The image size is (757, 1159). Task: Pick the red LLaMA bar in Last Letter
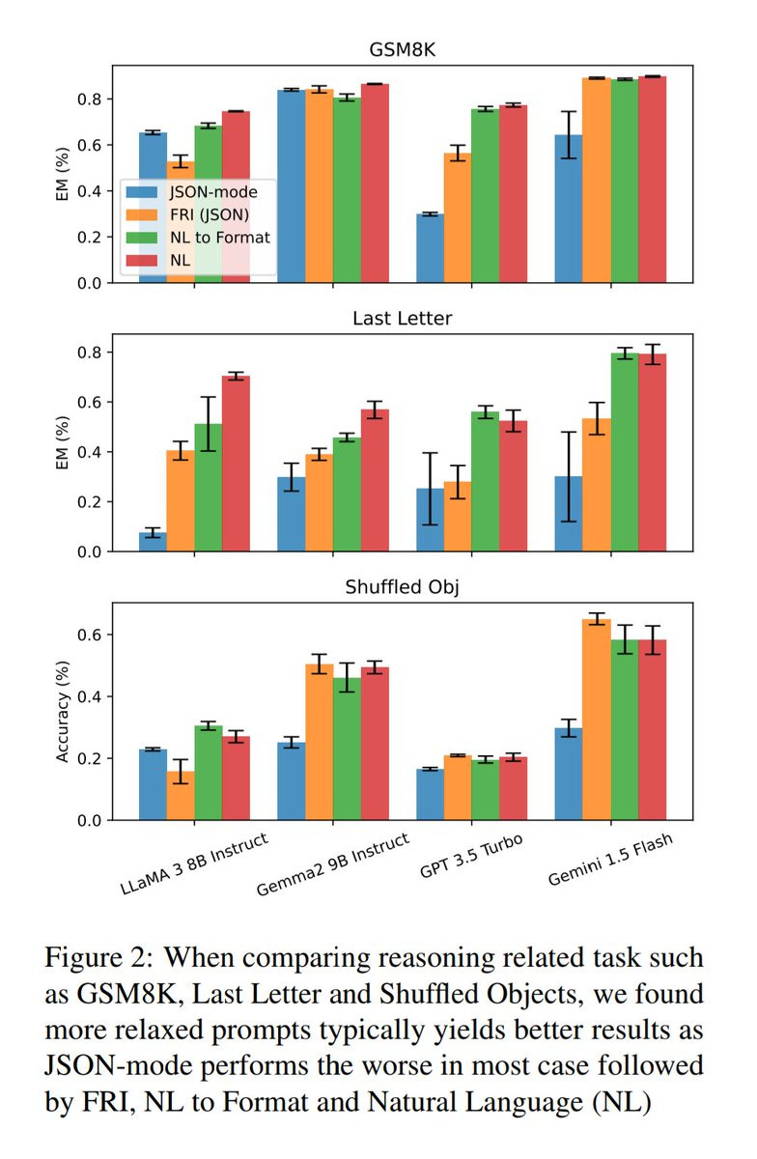tap(236, 464)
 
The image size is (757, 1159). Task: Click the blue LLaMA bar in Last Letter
tap(153, 542)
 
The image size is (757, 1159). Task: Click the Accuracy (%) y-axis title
tap(64, 711)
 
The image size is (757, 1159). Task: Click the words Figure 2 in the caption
tap(92, 959)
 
